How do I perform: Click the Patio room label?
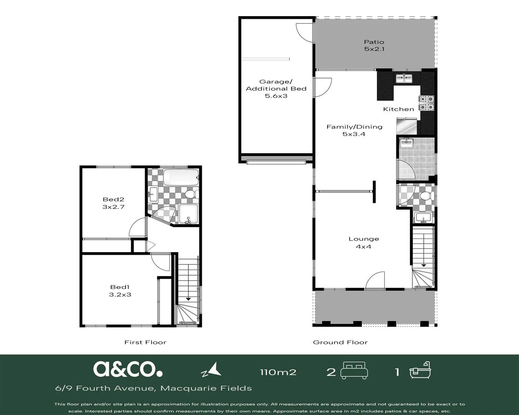(x=374, y=42)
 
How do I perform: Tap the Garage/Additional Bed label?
(x=276, y=85)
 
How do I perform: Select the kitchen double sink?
(x=404, y=78)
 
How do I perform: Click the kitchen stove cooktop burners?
(x=427, y=103)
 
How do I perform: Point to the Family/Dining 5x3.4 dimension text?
(x=354, y=134)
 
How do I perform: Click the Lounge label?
(x=364, y=239)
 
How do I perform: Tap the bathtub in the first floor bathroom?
(x=181, y=178)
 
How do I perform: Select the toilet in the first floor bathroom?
(x=192, y=194)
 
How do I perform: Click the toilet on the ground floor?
(x=427, y=196)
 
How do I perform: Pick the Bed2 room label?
(x=113, y=199)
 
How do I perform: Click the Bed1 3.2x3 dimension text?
(x=120, y=294)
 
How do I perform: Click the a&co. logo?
(x=128, y=369)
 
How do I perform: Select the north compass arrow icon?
(x=211, y=370)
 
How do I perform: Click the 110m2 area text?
(x=278, y=372)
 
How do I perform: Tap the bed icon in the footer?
(x=354, y=370)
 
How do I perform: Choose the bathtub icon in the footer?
(x=420, y=370)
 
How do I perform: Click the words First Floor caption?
(x=145, y=342)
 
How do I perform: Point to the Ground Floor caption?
(x=340, y=342)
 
